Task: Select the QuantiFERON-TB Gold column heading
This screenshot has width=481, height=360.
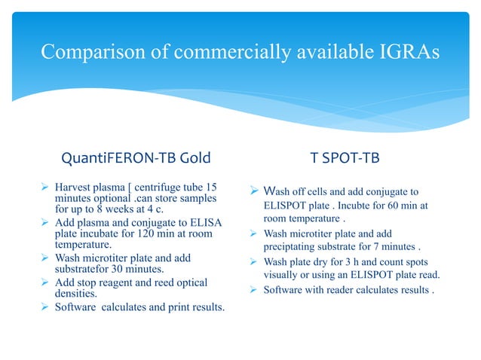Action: tap(135, 158)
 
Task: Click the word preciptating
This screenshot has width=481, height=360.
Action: tap(296, 245)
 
